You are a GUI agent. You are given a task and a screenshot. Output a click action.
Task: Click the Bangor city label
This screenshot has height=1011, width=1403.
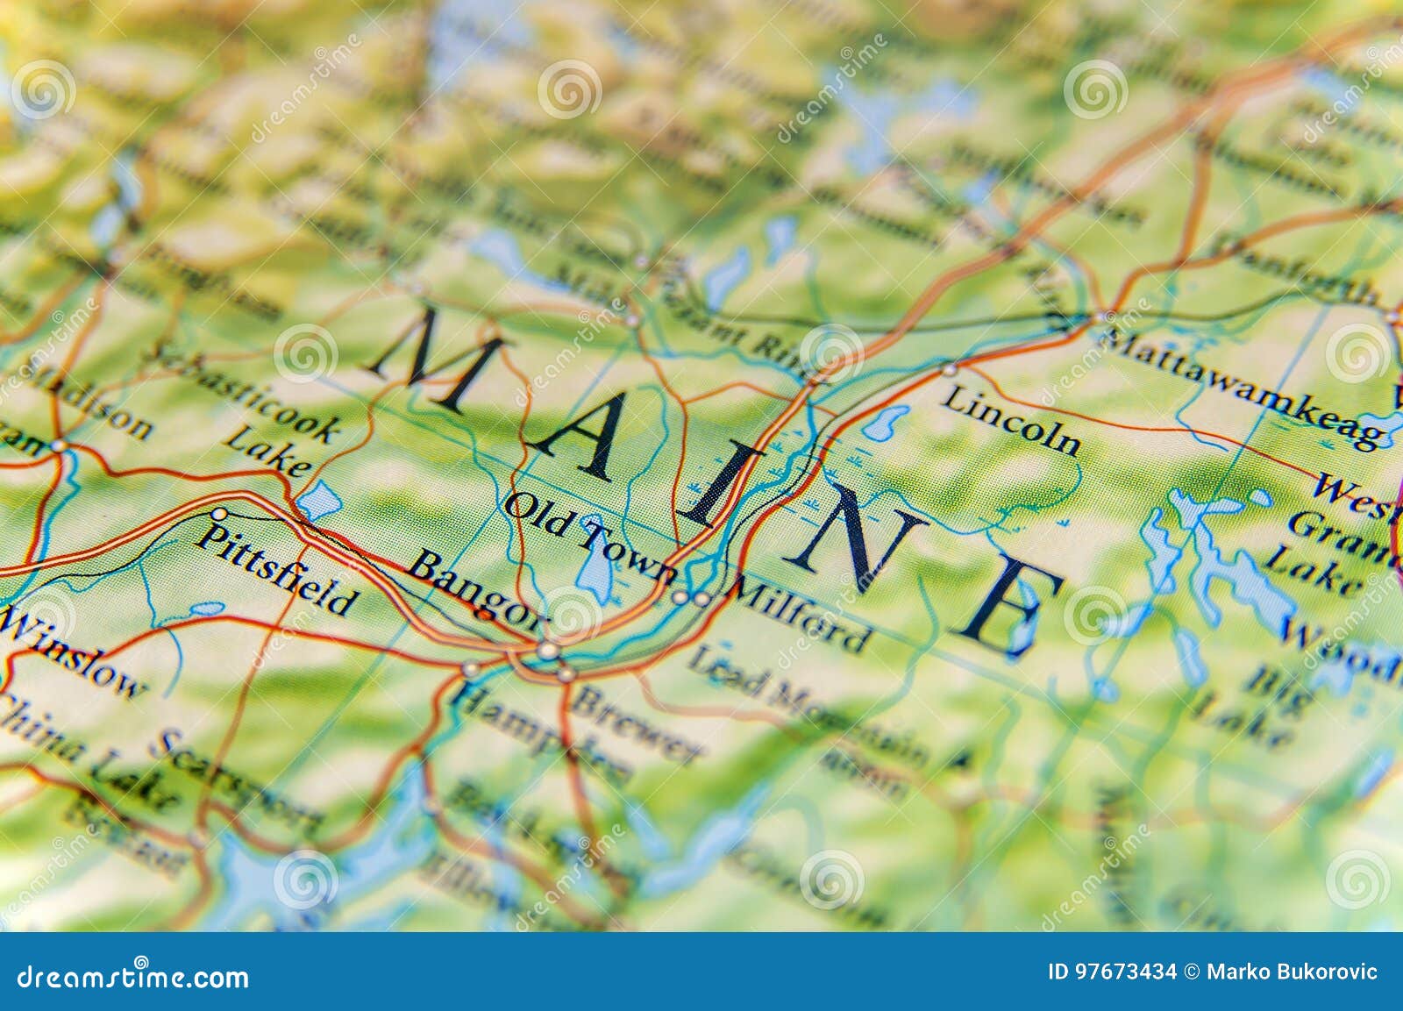click(x=476, y=589)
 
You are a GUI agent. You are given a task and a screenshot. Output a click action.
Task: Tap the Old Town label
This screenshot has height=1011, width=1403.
click(x=591, y=537)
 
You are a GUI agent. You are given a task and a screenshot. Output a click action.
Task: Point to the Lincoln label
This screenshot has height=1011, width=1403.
click(x=1011, y=422)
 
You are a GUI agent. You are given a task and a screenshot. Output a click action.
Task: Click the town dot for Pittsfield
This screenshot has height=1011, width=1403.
click(x=219, y=514)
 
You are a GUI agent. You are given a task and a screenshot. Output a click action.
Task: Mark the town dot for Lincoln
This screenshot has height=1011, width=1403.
click(x=950, y=370)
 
